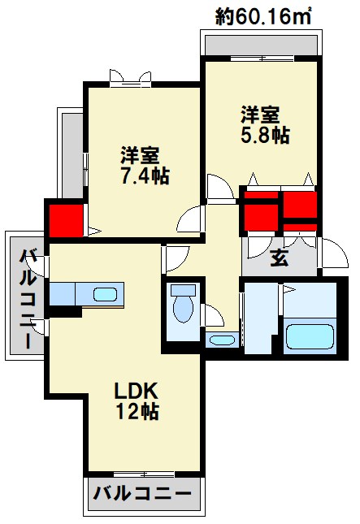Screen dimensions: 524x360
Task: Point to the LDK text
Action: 134,388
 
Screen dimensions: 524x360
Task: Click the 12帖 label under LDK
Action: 135,411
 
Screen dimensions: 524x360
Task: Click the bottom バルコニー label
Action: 142,492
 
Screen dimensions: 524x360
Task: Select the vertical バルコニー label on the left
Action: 27,297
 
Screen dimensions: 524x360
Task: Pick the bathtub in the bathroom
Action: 310,336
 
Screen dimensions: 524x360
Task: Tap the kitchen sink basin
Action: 105,294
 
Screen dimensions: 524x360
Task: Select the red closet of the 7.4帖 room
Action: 65,219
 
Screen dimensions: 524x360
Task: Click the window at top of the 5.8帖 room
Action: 259,58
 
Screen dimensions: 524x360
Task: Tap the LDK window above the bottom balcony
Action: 142,474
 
